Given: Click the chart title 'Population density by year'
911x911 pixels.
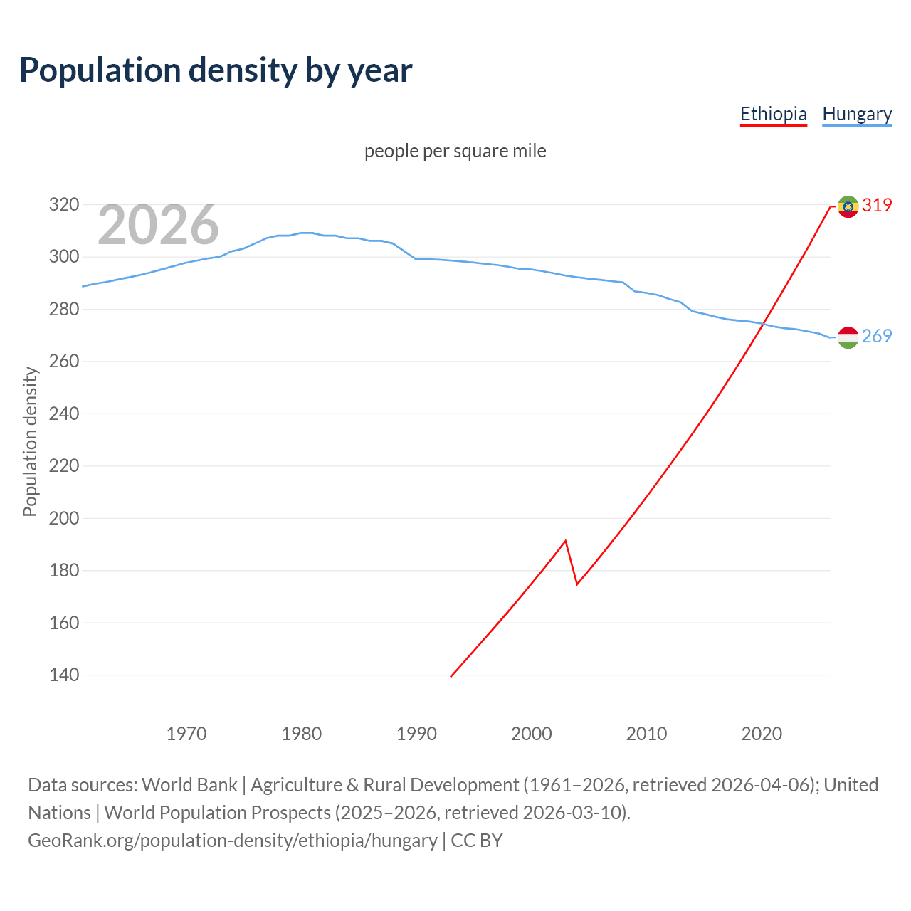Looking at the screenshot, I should [216, 70].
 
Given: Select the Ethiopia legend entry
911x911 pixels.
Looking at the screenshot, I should [773, 114].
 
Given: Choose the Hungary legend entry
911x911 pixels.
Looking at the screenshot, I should [857, 114].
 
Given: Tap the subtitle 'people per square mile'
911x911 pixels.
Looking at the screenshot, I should [455, 151].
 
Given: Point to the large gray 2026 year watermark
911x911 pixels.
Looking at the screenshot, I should [158, 225].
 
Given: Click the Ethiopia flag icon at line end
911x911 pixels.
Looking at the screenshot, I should [848, 206].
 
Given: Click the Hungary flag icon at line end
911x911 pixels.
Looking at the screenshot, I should [848, 337].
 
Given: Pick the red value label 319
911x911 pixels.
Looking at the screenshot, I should [877, 205].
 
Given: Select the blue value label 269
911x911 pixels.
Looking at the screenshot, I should [877, 336].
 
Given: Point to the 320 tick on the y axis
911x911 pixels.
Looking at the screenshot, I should [63, 205].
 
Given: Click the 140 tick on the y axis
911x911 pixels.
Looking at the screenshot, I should [63, 675].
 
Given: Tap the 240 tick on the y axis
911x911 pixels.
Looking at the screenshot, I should [63, 414].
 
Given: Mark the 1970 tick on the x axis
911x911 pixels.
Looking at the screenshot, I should [186, 734].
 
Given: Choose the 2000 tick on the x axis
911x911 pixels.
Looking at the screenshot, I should [532, 734].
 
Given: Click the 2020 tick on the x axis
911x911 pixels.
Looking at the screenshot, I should [762, 734].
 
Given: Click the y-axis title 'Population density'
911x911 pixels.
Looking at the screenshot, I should [30, 441].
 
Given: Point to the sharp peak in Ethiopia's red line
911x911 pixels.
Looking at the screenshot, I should [565, 541].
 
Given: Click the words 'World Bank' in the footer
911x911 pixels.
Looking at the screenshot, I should [189, 785].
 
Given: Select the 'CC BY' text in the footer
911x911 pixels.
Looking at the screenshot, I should [477, 841].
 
